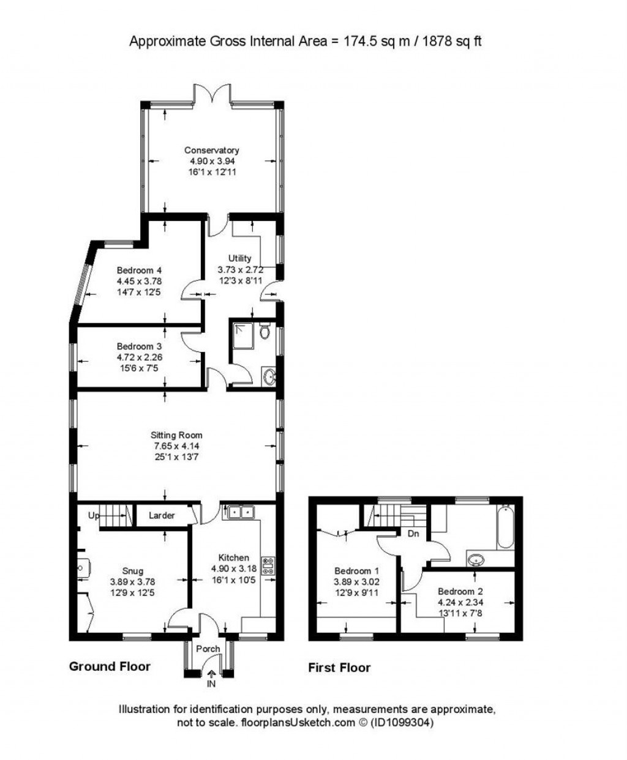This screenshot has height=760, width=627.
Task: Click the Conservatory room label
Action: [x=212, y=150]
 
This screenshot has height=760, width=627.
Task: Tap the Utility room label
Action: [x=239, y=258]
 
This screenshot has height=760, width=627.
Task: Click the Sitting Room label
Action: [x=176, y=435]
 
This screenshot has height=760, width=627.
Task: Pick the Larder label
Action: [x=162, y=515]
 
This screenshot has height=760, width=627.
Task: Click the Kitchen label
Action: [x=233, y=557]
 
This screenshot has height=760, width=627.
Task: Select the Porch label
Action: [x=208, y=649]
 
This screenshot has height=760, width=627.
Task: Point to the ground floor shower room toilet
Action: [x=265, y=332]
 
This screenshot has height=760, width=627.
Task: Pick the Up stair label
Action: [x=93, y=515]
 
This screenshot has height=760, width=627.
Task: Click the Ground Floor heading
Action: [x=110, y=666]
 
